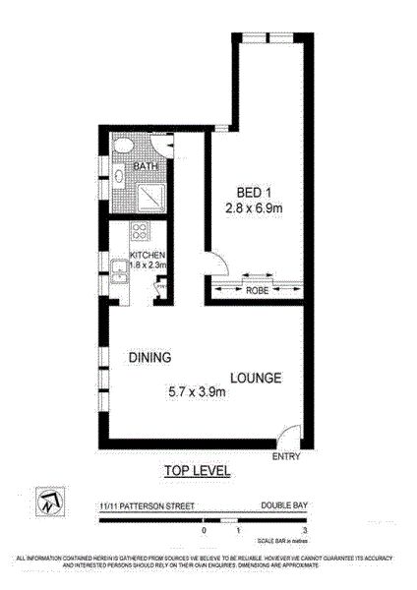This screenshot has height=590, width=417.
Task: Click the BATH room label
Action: click(x=145, y=167)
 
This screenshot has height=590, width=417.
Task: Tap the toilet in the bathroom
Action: click(x=121, y=147)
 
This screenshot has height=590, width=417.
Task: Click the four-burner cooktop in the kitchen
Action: click(x=140, y=234)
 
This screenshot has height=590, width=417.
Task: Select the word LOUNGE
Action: click(x=257, y=378)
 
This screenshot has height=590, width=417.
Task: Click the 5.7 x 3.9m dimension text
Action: click(x=197, y=393)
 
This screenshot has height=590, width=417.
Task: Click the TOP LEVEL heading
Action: click(x=197, y=471)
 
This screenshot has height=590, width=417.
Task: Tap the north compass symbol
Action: click(x=47, y=501)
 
